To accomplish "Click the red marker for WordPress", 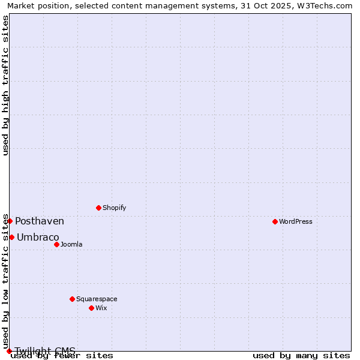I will (275, 221).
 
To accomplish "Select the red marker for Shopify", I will (98, 208).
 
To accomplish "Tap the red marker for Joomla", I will (56, 244).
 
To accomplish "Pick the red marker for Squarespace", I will (72, 299).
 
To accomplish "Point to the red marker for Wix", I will (91, 308).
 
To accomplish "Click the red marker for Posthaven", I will (10, 221).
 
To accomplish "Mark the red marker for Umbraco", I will (11, 237).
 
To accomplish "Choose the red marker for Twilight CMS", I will (9, 351).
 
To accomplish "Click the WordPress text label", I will (296, 221).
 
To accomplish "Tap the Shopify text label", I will (115, 208).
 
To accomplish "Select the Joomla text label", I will (71, 244).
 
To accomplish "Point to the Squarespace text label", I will (97, 299).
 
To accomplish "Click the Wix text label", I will (101, 308).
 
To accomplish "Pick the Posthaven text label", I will (40, 221).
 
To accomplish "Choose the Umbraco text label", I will (38, 237).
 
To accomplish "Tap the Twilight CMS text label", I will (45, 351).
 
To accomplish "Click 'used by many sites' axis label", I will (301, 356).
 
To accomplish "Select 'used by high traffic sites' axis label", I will (6, 85).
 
